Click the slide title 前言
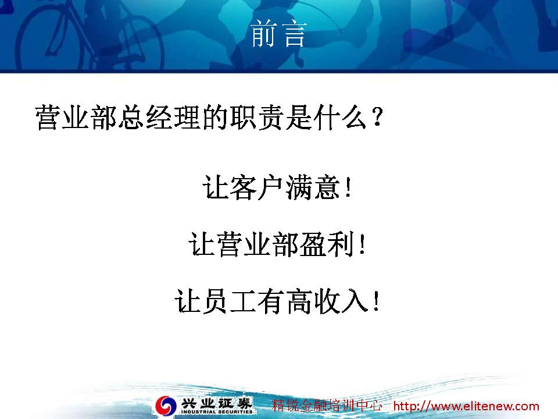[278, 34]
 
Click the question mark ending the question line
[377, 117]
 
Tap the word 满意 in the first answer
[312, 187]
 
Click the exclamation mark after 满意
[348, 187]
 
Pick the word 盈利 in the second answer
[327, 244]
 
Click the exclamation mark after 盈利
[362, 244]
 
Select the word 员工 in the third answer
[229, 301]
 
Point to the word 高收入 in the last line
[327, 301]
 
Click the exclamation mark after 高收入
[376, 301]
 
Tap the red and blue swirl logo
[166, 406]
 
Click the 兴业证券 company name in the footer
[217, 403]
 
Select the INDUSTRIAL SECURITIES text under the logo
[217, 411]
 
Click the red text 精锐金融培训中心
[327, 406]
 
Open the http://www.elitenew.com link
[466, 406]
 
